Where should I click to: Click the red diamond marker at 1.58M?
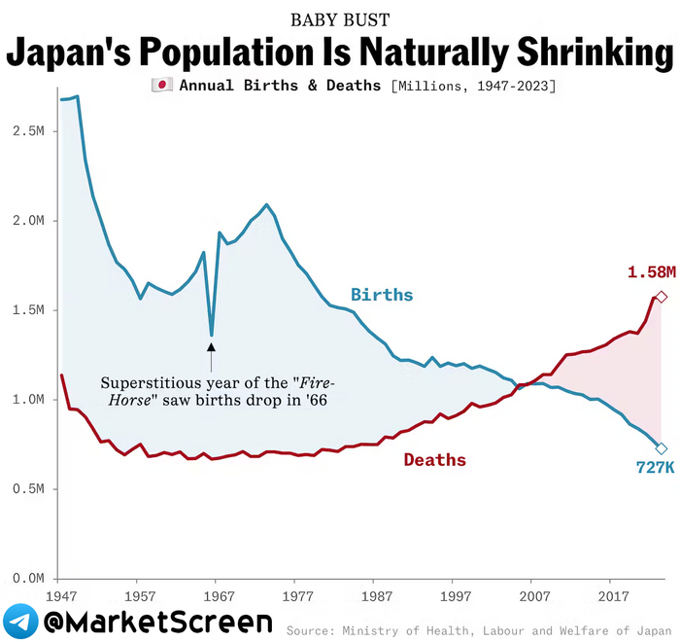(x=662, y=297)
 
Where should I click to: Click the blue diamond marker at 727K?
(x=662, y=448)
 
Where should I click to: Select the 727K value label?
(x=656, y=468)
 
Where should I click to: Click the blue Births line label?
(x=382, y=295)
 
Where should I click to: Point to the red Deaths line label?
(x=434, y=460)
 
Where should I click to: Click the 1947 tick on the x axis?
(x=60, y=595)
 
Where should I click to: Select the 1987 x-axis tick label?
(x=376, y=595)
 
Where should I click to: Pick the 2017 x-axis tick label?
(x=612, y=595)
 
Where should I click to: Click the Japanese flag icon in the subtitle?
(x=161, y=86)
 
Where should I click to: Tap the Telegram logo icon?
(x=21, y=621)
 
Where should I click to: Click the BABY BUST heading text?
(x=340, y=19)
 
